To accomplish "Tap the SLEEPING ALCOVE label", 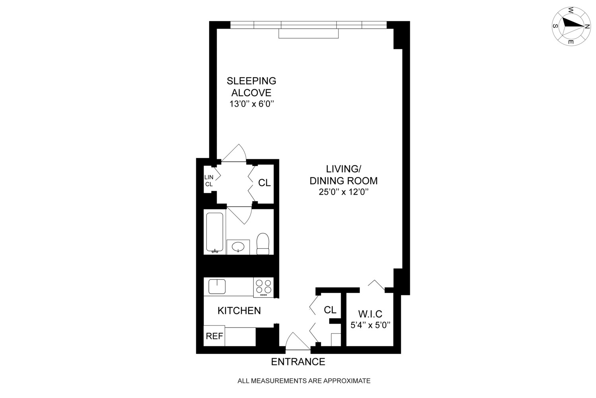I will [x=251, y=87].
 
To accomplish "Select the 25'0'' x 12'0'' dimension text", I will [x=343, y=192].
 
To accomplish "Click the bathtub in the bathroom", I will [x=215, y=232].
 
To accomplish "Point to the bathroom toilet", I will [x=263, y=244].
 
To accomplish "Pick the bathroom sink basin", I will [x=238, y=247].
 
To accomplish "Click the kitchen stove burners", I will [x=263, y=287].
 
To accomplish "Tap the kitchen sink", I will [x=217, y=286].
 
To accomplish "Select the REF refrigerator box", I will [x=214, y=336].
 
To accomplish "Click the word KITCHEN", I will [x=239, y=310].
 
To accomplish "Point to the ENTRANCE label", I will [x=298, y=362].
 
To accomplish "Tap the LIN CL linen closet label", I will [x=209, y=181].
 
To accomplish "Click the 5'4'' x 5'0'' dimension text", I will [x=370, y=325].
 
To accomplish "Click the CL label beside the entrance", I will [x=330, y=310].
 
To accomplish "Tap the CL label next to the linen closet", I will [x=264, y=183].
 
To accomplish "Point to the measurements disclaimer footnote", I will [x=304, y=381].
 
